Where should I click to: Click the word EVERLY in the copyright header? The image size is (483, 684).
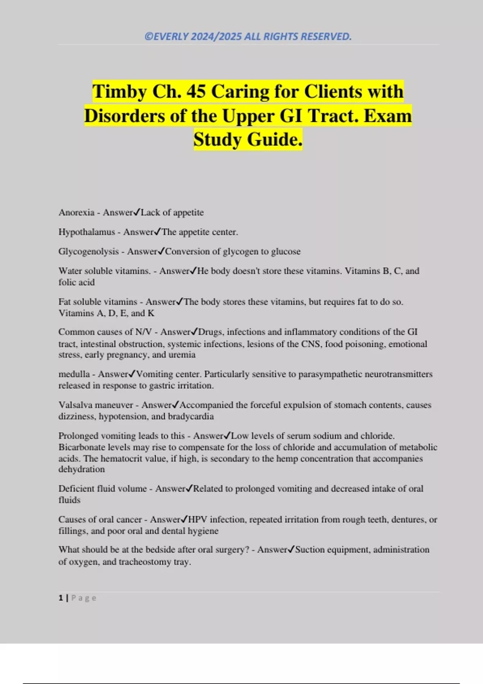point(171,37)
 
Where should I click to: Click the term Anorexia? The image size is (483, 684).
point(76,212)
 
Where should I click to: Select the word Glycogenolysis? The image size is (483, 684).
point(89,251)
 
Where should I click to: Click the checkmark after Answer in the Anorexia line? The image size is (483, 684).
point(137,212)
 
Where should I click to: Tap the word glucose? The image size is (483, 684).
point(286,251)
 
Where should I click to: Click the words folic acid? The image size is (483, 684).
point(76,282)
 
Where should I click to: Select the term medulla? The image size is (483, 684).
point(74,374)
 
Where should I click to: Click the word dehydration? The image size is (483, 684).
point(82,470)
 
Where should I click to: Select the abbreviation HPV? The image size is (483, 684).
point(198,519)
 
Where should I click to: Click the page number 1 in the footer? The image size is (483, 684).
point(61,598)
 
